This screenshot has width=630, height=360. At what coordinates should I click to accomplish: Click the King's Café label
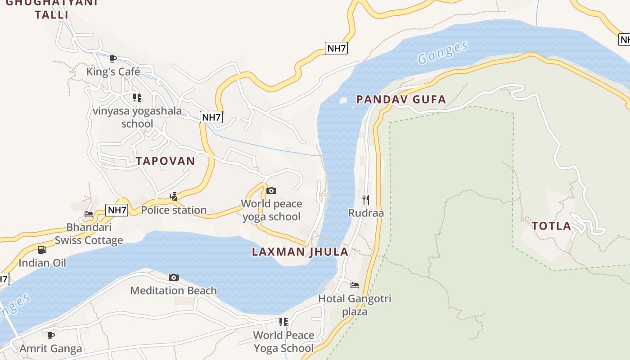113,72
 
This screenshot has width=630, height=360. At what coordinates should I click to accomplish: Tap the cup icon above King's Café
113,58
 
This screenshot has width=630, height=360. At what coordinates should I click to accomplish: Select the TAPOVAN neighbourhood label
166,161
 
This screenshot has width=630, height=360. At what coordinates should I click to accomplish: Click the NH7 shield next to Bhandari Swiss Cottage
117,210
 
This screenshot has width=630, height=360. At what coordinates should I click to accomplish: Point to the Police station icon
173,197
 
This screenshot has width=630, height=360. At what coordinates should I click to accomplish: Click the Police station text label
174,210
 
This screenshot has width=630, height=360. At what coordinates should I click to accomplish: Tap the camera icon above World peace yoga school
271,191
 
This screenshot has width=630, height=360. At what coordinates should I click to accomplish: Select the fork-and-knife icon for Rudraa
366,199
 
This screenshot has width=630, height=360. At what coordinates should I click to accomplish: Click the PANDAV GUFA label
401,99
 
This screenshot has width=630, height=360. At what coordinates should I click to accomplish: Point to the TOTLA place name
551,226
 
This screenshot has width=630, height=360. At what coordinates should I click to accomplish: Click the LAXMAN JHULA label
300,252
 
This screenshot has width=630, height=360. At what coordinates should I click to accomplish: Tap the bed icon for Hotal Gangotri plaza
355,285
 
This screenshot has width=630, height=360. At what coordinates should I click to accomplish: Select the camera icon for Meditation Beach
173,278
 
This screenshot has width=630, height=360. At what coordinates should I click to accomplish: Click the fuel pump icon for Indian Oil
42,250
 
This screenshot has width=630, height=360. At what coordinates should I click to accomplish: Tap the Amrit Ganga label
51,348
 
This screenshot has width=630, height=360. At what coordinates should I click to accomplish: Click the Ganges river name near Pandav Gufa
442,53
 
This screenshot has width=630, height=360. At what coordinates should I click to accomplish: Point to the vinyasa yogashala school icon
137,98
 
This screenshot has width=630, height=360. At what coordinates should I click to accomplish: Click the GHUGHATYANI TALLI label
52,8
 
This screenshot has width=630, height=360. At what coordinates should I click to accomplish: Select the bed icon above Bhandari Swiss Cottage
89,214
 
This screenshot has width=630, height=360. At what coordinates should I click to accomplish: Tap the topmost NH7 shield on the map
337,48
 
